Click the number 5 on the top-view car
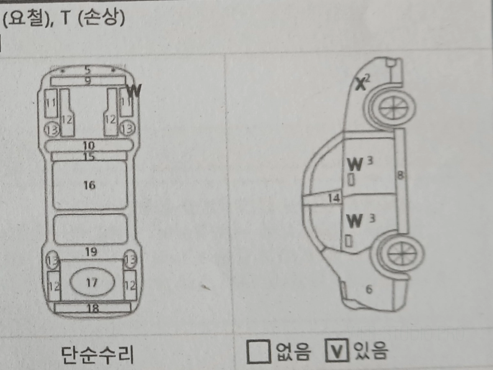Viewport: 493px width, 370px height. click(x=88, y=70)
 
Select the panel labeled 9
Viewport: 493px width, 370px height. click(x=88, y=81)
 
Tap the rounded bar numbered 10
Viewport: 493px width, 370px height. click(x=89, y=145)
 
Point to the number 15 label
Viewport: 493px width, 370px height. click(x=89, y=156)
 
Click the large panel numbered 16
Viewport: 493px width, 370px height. click(x=90, y=185)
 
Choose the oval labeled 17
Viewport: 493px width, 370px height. click(x=92, y=282)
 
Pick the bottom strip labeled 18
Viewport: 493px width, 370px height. click(x=93, y=308)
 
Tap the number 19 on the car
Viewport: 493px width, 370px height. click(x=91, y=252)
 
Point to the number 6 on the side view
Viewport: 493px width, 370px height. click(x=369, y=289)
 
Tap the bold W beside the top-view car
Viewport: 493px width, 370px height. click(x=134, y=90)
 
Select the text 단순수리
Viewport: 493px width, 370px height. click(x=98, y=354)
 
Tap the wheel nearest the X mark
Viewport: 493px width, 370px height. click(x=392, y=108)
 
